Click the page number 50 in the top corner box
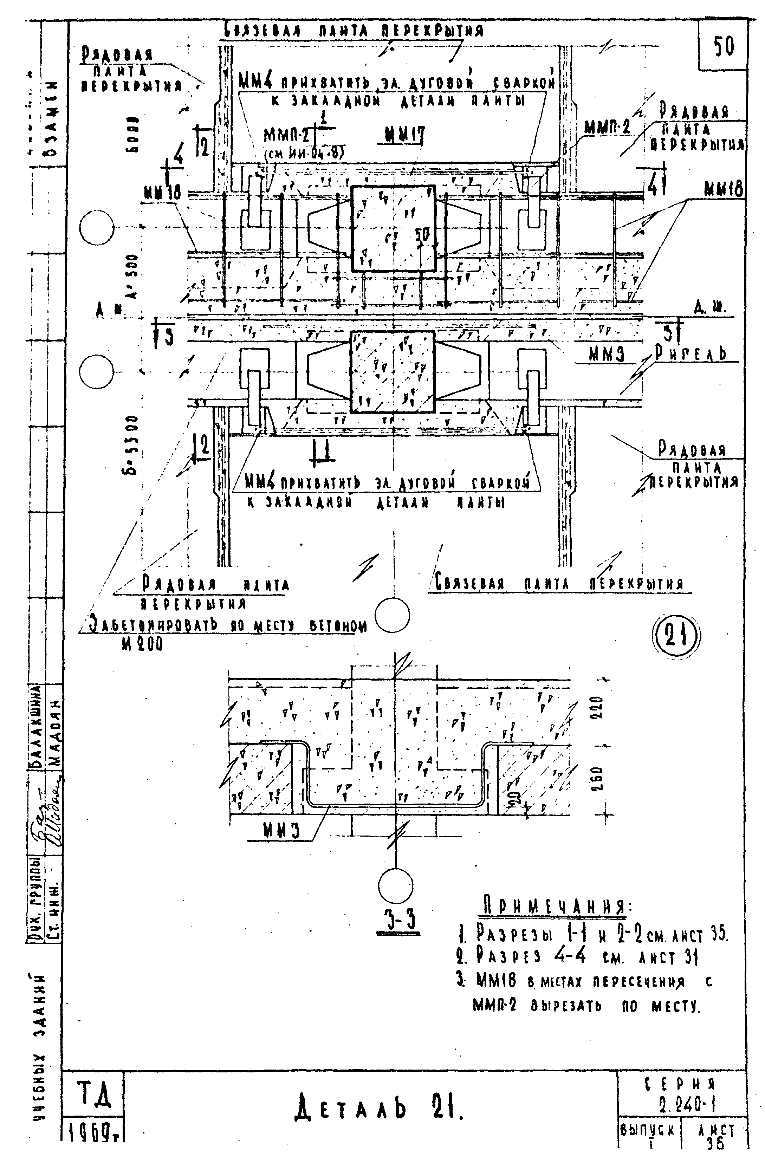[x=723, y=47]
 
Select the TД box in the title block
[x=92, y=1095]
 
